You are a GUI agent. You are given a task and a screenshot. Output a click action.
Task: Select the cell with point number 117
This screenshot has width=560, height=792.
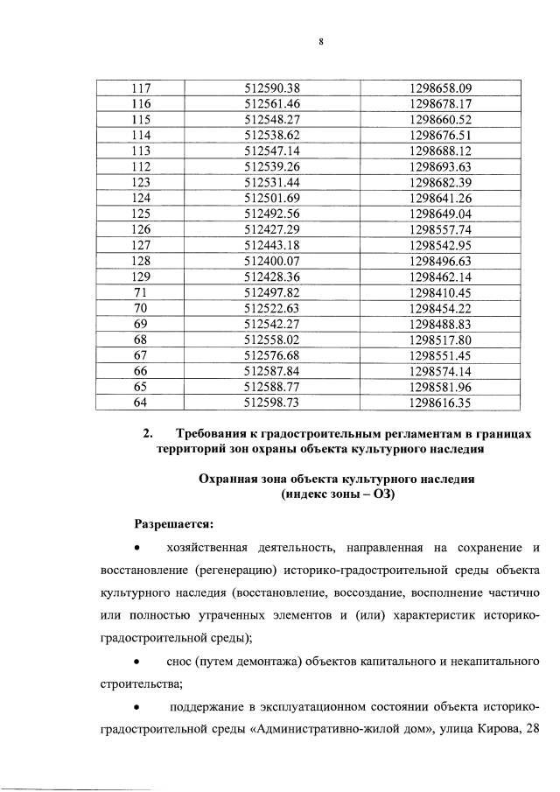point(140,88)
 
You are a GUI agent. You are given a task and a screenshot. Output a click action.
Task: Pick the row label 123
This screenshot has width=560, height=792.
point(140,182)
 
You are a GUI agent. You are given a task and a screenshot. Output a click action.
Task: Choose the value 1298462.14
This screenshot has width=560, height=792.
point(440,277)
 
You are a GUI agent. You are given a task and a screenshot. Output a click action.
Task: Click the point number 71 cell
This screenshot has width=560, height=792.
point(140,292)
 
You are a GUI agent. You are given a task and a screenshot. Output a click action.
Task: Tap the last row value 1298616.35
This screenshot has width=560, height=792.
point(440,403)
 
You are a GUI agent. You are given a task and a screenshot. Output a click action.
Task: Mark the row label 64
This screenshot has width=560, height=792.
point(140,403)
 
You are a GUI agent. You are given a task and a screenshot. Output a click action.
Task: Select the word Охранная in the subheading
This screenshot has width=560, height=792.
point(230,481)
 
